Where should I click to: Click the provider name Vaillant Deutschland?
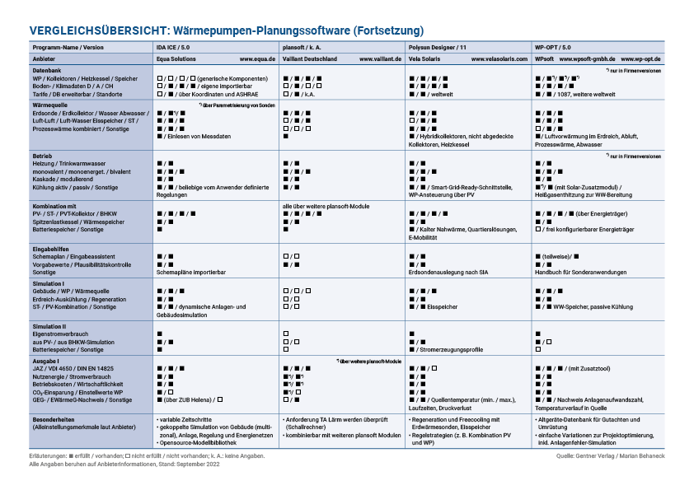tap(310, 60)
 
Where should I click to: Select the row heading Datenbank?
tap(46, 71)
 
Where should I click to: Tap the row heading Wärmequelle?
tap(50, 106)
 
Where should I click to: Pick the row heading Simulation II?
tap(51, 326)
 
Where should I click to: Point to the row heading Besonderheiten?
tap(54, 418)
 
